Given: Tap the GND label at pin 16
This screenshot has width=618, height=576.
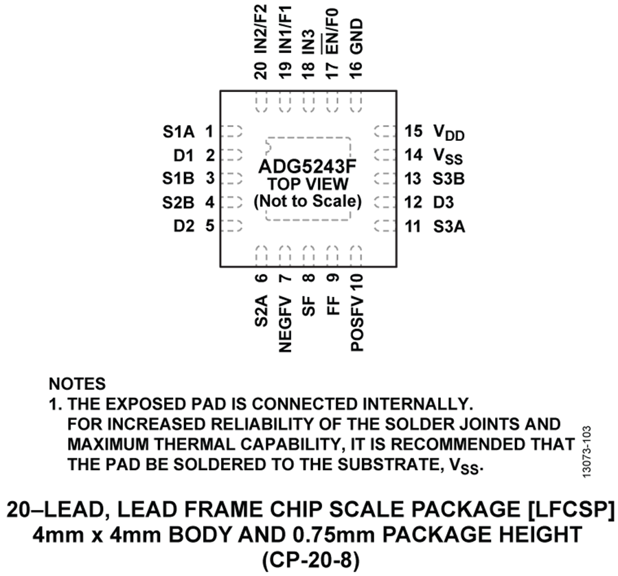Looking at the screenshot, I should click(x=356, y=36).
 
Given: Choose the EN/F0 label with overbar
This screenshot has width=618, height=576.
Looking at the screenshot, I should click(x=332, y=32).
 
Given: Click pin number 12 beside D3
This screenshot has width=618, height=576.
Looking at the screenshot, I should click(x=413, y=203).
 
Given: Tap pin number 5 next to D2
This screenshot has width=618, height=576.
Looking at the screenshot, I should click(x=209, y=225).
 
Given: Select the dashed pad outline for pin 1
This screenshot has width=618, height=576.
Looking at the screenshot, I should click(x=234, y=131).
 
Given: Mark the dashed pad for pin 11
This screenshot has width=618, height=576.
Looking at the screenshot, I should click(x=383, y=225).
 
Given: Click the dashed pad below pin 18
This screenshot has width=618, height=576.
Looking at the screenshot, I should click(x=308, y=104).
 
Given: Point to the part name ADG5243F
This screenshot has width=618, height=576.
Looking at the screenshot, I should click(x=308, y=167).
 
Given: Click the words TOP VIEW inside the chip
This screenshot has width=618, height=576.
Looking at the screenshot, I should click(x=308, y=185).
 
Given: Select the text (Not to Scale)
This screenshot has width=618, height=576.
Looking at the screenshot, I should click(x=308, y=202).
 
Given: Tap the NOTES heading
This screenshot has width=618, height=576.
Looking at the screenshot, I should click(x=78, y=384).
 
